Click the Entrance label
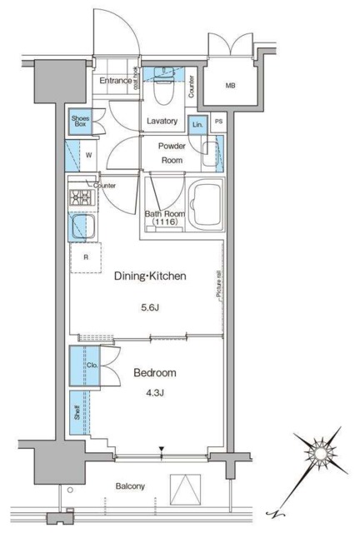(117, 81)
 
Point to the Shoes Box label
(81, 122)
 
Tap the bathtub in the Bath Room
(205, 204)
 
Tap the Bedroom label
(157, 374)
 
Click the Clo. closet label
(92, 365)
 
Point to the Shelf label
(76, 411)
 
